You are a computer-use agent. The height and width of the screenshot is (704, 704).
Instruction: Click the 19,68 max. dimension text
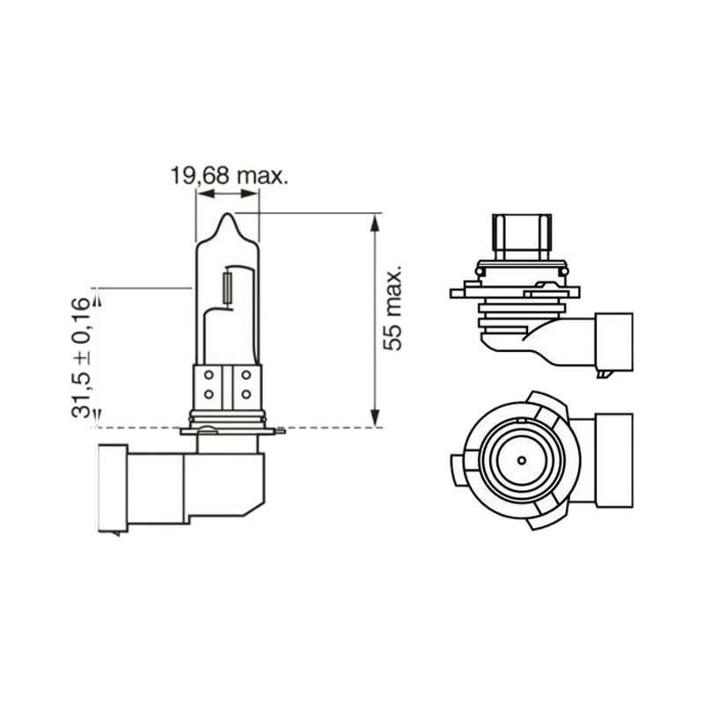pyautogui.click(x=229, y=176)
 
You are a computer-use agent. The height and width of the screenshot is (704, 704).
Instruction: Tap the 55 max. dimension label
pyautogui.click(x=392, y=310)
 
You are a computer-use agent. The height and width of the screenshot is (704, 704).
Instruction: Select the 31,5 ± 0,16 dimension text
pyautogui.click(x=82, y=358)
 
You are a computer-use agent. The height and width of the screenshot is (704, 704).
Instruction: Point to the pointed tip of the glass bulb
pyautogui.click(x=229, y=214)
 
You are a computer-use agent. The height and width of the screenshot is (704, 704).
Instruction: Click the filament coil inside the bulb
pyautogui.click(x=228, y=288)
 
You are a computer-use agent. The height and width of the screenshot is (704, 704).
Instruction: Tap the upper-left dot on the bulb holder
pyautogui.click(x=209, y=375)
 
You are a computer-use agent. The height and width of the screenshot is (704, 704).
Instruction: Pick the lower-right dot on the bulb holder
pyautogui.click(x=246, y=394)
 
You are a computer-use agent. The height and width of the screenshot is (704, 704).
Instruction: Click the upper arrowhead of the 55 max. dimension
pyautogui.click(x=375, y=223)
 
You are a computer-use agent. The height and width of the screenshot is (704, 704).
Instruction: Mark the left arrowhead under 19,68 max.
pyautogui.click(x=205, y=194)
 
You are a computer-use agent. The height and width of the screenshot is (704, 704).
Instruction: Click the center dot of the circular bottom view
pyautogui.click(x=521, y=460)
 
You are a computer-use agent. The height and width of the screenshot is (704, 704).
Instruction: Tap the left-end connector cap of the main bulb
pyautogui.click(x=113, y=488)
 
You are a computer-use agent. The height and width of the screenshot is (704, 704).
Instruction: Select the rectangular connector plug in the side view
pyautogui.click(x=614, y=341)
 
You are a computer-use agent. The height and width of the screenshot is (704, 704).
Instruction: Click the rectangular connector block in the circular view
pyautogui.click(x=614, y=460)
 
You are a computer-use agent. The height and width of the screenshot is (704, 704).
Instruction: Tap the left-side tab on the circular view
pyautogui.click(x=457, y=470)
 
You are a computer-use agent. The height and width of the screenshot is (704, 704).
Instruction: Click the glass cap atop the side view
pyautogui.click(x=522, y=237)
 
